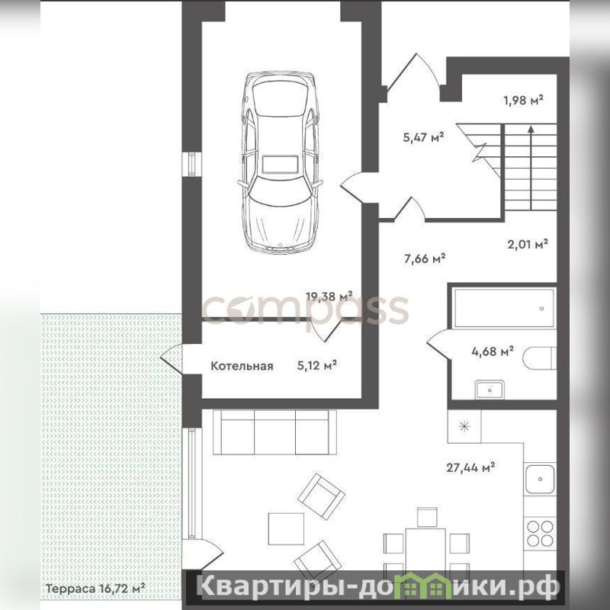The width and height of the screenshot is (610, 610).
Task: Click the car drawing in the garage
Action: [280, 162]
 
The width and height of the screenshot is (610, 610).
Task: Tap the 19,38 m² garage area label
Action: [329, 297]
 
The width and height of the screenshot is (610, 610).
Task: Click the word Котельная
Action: [242, 366]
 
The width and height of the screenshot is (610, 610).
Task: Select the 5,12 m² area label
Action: [316, 365]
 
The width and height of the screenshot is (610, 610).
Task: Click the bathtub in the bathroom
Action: [504, 308]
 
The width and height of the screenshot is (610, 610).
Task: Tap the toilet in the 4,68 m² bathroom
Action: [539, 358]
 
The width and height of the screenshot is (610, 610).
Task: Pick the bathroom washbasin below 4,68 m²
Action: [490, 390]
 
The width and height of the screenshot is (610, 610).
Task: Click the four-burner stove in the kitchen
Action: [540, 533]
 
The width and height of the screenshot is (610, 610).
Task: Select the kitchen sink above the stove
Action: [540, 479]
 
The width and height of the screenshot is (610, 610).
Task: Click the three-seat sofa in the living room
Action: [275, 432]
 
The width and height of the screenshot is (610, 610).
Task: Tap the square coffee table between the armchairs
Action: [286, 528]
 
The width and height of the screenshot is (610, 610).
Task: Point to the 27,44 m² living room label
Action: [470, 467]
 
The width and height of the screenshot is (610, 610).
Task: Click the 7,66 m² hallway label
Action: [425, 258]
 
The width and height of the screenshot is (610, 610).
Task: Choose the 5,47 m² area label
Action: [424, 137]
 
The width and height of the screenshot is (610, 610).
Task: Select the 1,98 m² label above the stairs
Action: [524, 101]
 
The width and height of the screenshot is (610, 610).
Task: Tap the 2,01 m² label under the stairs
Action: [528, 244]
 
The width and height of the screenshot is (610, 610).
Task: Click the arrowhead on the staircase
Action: [531, 130]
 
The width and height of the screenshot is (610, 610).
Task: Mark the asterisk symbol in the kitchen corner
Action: [464, 427]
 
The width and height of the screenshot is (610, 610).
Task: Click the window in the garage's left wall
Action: [192, 163]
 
